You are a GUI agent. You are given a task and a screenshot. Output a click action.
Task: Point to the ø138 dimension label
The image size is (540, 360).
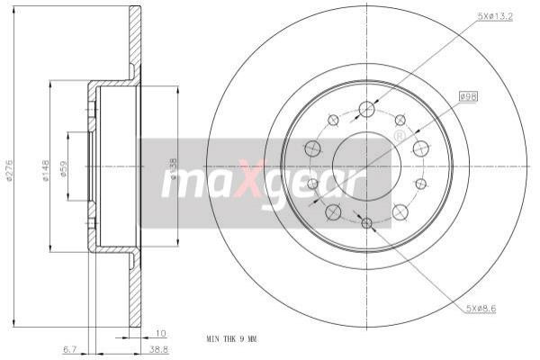point(174,167)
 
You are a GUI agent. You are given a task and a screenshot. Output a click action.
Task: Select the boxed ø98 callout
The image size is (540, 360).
point(469,94)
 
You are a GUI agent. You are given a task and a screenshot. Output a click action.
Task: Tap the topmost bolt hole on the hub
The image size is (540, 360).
point(365,110)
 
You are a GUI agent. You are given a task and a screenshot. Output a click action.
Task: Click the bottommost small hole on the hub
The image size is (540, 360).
point(365,221)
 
